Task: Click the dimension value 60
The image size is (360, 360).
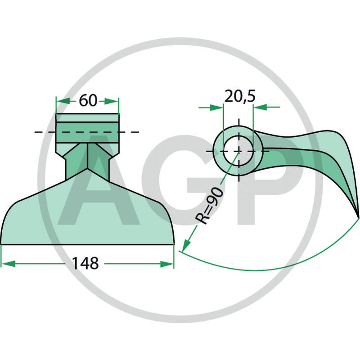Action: (x=88, y=100)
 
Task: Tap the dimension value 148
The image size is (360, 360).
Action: (x=85, y=263)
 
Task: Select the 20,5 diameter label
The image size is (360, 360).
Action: (x=240, y=96)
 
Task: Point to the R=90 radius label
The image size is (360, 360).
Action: (x=209, y=205)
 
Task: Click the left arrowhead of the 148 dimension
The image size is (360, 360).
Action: (x=8, y=264)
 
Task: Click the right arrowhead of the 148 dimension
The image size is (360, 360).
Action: (x=167, y=264)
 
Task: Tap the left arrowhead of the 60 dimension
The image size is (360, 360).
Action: (x=63, y=101)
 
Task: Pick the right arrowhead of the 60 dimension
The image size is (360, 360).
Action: (x=112, y=101)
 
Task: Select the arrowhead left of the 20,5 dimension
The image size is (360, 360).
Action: (x=216, y=107)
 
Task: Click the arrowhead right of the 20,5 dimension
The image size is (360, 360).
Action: (x=260, y=107)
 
